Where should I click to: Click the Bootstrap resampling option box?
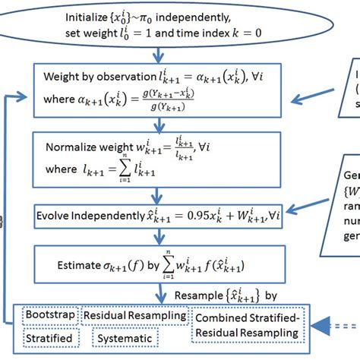[50, 314]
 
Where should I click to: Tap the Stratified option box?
[49, 337]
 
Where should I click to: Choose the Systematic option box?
[122, 337]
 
